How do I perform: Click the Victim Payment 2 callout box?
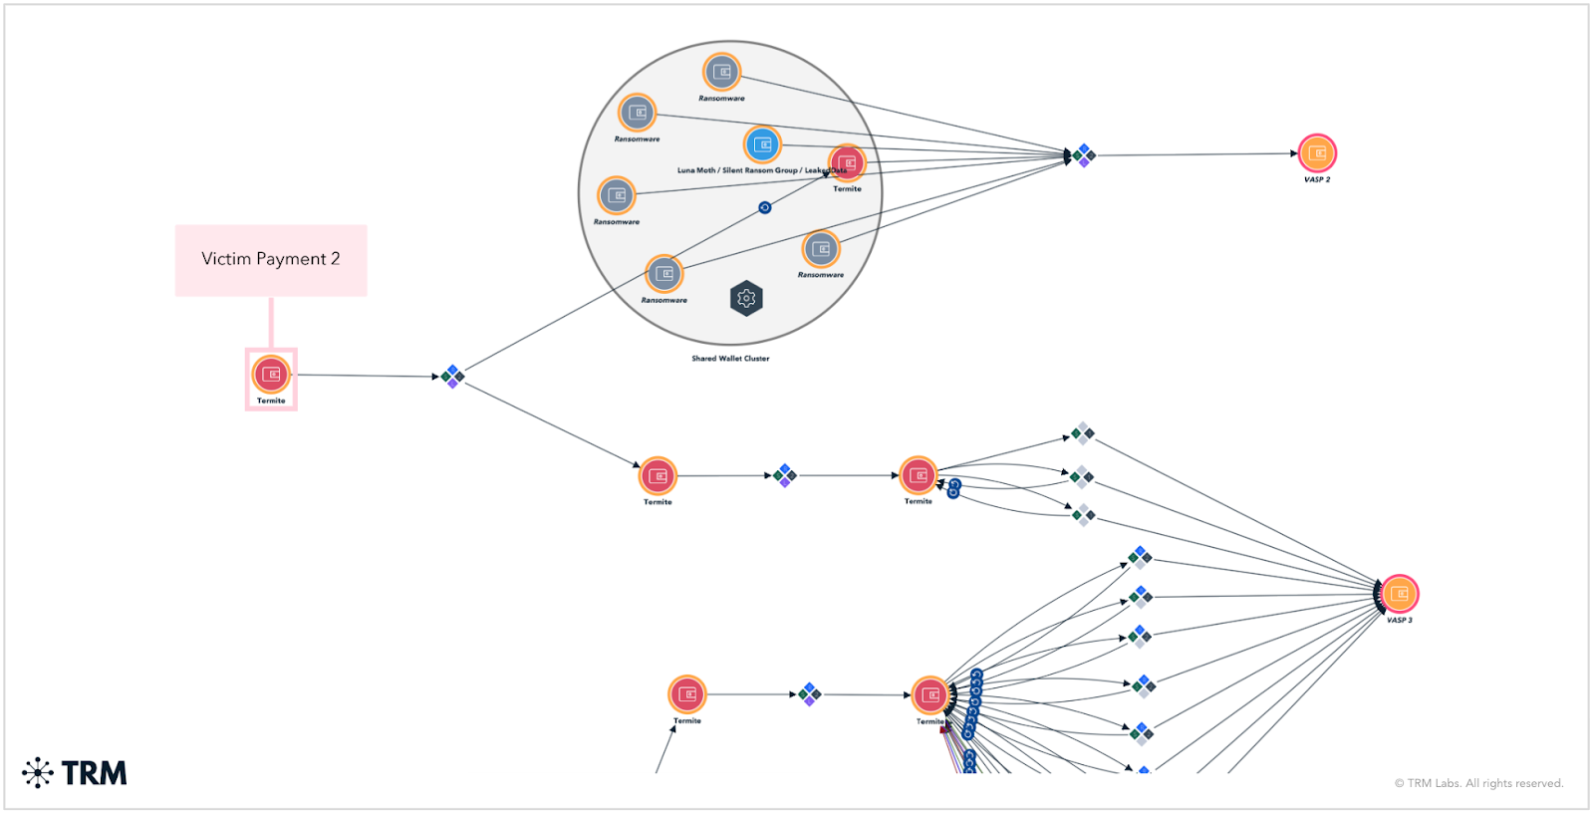coord(271,259)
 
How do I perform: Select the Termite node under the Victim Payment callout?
coord(271,375)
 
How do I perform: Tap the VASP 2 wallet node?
coord(1317,153)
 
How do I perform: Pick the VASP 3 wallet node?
coord(1399,595)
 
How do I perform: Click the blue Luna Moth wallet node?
coord(762,145)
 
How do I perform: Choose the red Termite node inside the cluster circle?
coord(847,163)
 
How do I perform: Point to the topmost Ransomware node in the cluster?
coord(722,72)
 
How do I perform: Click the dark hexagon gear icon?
coord(746,298)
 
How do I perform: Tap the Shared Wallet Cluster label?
coord(730,359)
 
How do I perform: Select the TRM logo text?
coord(94,773)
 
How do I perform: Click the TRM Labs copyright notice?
coord(1478,783)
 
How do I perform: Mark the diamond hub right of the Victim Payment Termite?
coord(453,376)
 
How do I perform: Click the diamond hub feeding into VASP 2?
coord(1083,155)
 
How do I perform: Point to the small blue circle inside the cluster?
coord(765,207)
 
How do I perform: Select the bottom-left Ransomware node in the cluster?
coord(664,274)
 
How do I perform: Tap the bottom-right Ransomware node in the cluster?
coord(821,249)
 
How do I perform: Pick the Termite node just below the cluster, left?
coord(658,476)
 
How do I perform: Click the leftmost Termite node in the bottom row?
coord(687,693)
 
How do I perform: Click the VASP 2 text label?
coord(1317,180)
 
